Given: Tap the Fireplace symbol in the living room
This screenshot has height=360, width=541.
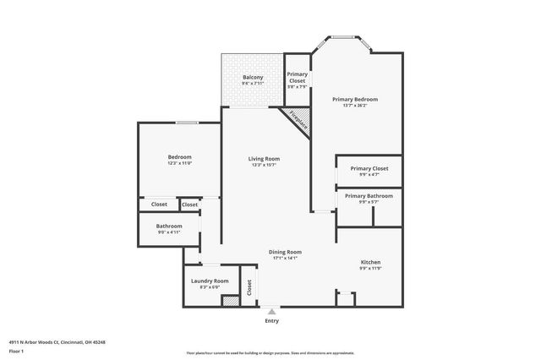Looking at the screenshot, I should coord(297,119).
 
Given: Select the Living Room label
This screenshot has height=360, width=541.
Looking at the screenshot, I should coord(264,159).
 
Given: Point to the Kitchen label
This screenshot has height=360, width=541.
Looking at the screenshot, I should coord(370,263).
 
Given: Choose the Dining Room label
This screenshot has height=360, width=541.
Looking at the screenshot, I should coord(285,252).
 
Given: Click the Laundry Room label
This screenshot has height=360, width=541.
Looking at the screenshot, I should coord(209,281).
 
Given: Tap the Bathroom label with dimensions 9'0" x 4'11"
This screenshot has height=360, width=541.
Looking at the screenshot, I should coord(169,226).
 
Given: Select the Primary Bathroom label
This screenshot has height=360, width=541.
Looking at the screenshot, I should coord(369,196).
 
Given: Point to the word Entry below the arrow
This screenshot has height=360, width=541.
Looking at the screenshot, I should coord(271,321).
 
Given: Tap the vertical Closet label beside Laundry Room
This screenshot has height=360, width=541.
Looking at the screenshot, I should coord(249,286).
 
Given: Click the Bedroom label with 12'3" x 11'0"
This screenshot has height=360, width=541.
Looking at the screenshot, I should coord(179,157).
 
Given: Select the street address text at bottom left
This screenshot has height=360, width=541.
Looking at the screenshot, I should coord(57,342).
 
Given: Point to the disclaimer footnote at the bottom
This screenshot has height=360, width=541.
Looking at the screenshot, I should coord(270,353).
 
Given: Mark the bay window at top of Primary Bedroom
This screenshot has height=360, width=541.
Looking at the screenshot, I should coord(342,37).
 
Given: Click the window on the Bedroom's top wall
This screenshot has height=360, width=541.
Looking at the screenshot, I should coord(187,123).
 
